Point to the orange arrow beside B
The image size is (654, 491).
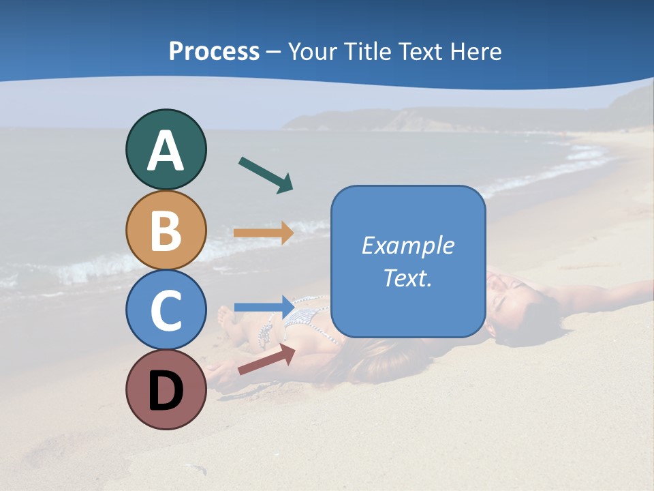pyautogui.click(x=263, y=233)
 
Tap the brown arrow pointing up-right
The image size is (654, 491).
pyautogui.click(x=266, y=359)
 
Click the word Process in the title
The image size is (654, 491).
pyautogui.click(x=214, y=52)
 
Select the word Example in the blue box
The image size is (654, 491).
pyautogui.click(x=408, y=245)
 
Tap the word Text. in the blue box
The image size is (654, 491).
pyautogui.click(x=408, y=278)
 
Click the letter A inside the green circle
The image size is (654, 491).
pyautogui.click(x=166, y=151)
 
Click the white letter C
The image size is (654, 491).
pyautogui.click(x=166, y=311)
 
